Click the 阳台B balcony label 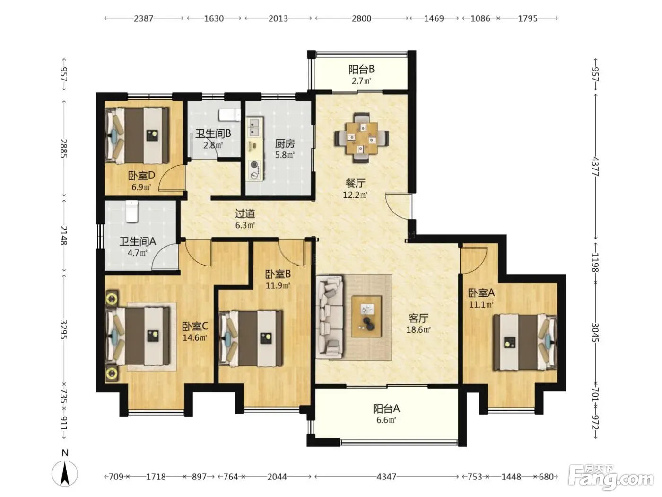(361, 70)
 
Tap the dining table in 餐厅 (362, 138)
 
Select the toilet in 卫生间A (132, 211)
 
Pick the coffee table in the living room (366, 317)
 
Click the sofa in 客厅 (330, 317)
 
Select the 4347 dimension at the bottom (386, 477)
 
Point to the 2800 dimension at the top (361, 18)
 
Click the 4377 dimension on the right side (596, 166)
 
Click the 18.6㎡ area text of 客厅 (418, 329)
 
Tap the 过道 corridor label (245, 213)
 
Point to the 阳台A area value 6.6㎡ (386, 420)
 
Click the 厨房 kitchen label (285, 143)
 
